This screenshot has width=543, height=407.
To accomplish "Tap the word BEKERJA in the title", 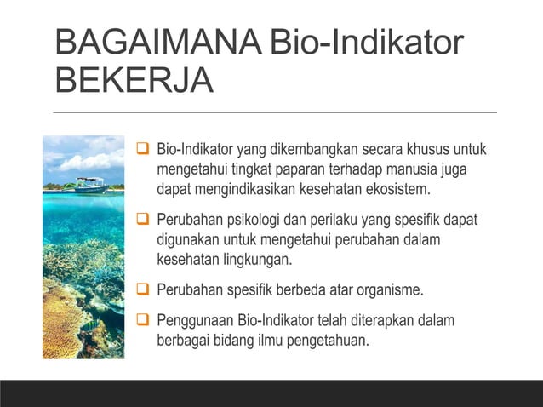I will [x=134, y=82].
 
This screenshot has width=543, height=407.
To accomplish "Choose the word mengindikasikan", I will [x=247, y=188].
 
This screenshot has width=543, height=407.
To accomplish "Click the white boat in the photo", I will [x=89, y=184].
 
